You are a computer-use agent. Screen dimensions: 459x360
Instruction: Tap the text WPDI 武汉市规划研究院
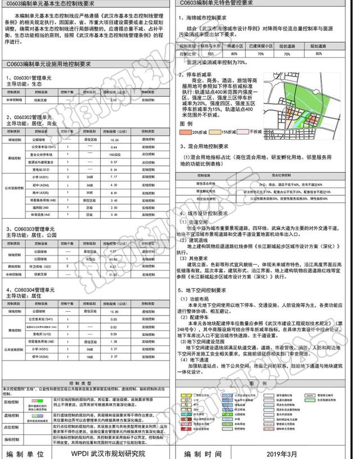[108, 453]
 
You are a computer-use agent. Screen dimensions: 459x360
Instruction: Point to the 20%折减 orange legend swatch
[185, 132]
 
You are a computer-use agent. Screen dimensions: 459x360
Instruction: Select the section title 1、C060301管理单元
[27, 77]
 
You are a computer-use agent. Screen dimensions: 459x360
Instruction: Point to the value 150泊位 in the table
[115, 154]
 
